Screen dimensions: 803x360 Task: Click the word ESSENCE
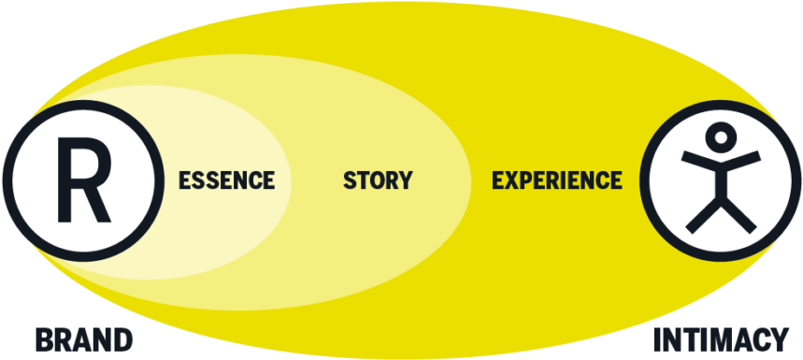(x=226, y=180)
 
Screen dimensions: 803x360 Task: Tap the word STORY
(x=378, y=180)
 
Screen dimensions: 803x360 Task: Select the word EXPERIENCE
(x=557, y=180)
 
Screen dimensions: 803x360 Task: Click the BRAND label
(x=84, y=340)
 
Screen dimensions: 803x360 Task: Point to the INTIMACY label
(x=721, y=340)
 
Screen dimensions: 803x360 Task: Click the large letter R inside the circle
(x=83, y=180)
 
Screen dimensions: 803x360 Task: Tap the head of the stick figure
(x=721, y=137)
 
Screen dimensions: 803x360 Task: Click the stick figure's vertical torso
(x=721, y=180)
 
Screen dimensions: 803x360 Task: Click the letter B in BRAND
(x=44, y=340)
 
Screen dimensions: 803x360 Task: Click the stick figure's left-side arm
(x=698, y=161)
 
